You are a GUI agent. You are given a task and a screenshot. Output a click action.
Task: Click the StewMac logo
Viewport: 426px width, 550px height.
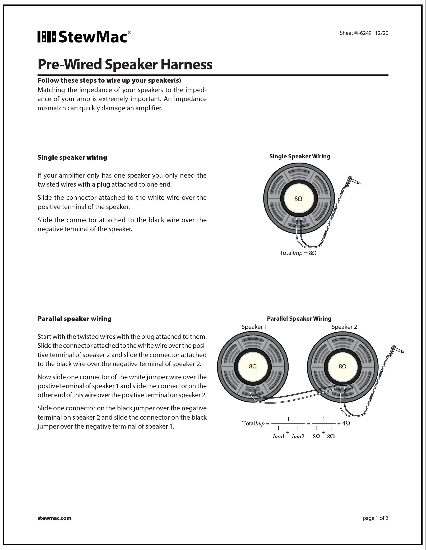[84, 37]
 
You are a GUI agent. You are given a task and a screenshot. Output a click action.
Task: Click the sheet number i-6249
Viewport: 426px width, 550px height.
[355, 33]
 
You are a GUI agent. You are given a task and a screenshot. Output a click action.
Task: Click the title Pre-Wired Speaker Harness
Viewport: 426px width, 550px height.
[125, 64]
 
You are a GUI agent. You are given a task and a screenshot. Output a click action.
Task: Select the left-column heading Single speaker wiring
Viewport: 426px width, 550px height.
[72, 157]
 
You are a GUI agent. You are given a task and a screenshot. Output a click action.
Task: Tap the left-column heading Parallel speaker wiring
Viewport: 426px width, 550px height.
[74, 319]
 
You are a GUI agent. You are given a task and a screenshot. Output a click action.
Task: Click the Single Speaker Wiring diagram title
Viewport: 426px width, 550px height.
[299, 156]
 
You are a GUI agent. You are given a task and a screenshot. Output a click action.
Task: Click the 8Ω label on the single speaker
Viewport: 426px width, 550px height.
[298, 198]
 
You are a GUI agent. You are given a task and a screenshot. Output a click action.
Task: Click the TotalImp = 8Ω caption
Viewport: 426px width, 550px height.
[298, 253]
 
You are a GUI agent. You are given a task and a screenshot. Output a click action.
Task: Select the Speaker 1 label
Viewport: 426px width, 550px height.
[254, 327]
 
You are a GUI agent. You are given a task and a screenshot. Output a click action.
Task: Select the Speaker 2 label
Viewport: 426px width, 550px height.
[344, 327]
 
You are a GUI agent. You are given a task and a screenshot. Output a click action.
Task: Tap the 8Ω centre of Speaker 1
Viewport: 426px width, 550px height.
[253, 366]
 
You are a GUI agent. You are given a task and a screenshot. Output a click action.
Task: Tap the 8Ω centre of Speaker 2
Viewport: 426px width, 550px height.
[342, 366]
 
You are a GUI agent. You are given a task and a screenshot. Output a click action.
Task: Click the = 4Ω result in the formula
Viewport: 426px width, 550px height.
[344, 423]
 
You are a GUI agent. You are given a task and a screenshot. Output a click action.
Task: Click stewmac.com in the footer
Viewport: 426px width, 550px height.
[54, 518]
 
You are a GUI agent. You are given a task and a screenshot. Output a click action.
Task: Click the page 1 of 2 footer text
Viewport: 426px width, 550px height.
[375, 518]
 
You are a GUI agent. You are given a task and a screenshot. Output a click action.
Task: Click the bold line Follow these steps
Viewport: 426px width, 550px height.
[109, 80]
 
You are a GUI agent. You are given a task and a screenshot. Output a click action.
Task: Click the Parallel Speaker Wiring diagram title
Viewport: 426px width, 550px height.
[299, 319]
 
